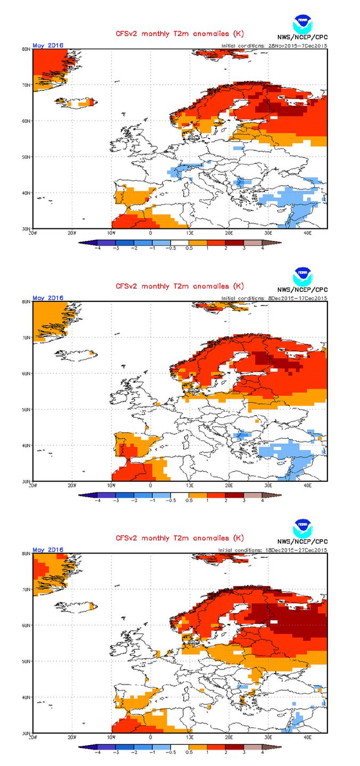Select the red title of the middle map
(x=180, y=286)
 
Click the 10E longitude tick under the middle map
(x=190, y=485)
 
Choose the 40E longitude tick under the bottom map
(x=307, y=738)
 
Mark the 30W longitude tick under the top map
(x=33, y=233)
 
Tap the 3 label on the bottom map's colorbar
(x=244, y=753)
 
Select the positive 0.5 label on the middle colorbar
(x=189, y=501)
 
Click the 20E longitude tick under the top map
(x=229, y=233)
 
